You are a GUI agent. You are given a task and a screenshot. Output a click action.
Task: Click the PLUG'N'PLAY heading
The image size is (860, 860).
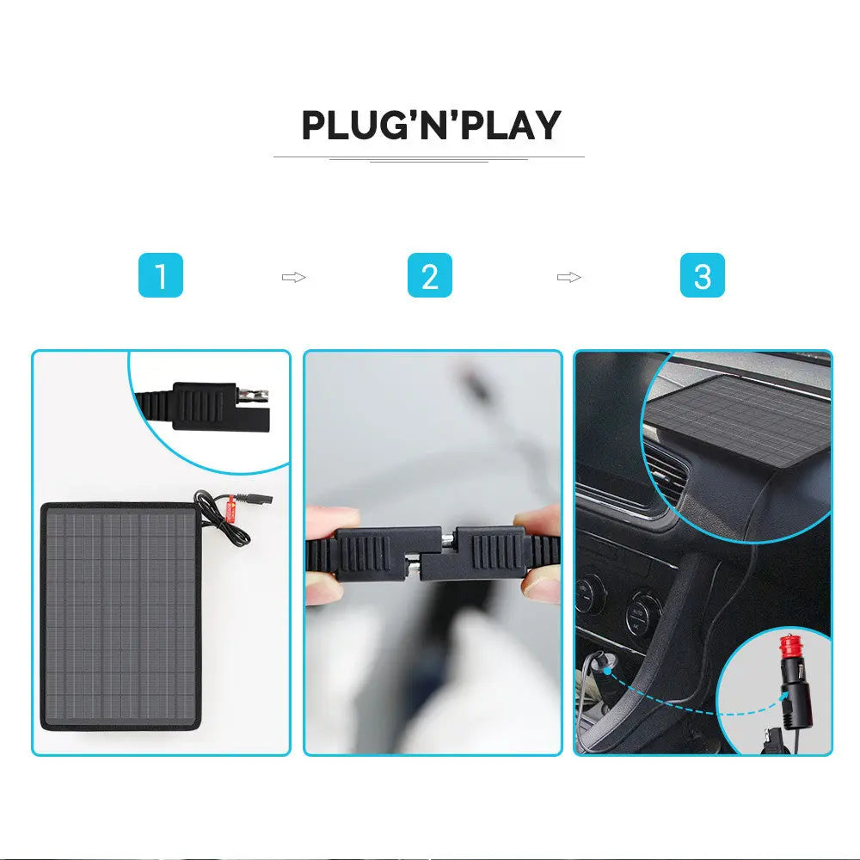point(430,126)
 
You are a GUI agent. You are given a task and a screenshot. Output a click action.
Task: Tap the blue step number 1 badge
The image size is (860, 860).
point(161,277)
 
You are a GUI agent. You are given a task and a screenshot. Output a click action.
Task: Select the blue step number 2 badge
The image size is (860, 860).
point(430,277)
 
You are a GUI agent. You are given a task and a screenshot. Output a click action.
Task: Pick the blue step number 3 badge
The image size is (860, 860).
point(703,277)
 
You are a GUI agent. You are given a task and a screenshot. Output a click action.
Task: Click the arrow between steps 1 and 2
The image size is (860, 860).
point(294,277)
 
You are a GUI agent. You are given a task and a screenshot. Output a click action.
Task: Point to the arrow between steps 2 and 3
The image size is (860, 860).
point(568,277)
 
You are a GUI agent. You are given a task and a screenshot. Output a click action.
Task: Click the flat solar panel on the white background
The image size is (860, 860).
point(120,615)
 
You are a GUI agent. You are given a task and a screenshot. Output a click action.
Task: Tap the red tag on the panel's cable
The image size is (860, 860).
point(230,513)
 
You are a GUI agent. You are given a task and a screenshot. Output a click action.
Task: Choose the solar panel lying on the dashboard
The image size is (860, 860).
point(735,421)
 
